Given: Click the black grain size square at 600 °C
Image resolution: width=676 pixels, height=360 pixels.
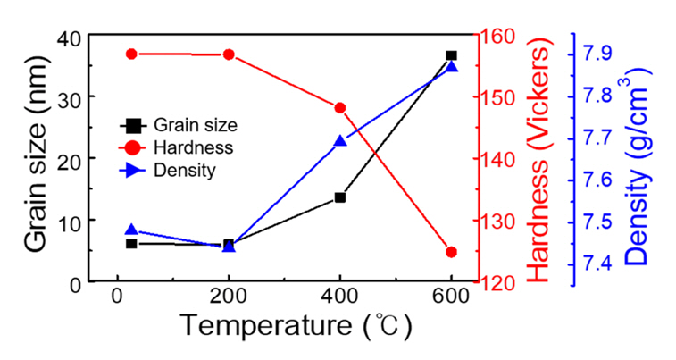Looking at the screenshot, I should click(x=451, y=55).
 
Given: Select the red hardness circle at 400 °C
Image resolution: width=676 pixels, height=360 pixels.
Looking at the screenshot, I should click(x=339, y=108).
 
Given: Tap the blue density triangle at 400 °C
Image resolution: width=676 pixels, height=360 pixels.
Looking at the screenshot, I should click(x=339, y=141).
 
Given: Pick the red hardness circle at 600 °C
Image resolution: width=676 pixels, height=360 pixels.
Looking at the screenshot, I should click(x=451, y=252).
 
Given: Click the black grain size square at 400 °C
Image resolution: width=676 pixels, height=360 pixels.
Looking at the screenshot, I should click(x=339, y=197).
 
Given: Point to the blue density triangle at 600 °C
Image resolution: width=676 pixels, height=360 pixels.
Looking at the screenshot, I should click(x=451, y=67).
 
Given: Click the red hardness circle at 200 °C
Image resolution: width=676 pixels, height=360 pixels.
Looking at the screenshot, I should click(x=229, y=54).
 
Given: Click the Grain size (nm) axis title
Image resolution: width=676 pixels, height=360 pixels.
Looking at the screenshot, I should click(x=35, y=159).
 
